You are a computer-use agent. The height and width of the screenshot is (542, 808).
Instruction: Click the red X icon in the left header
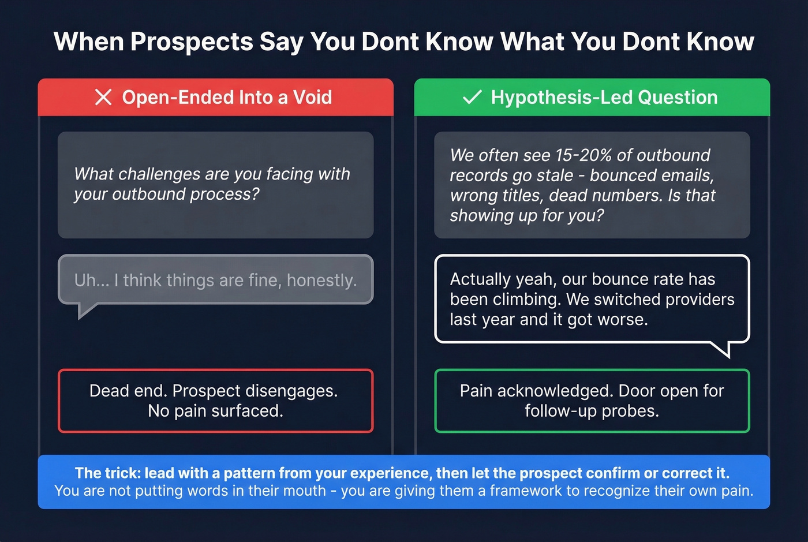tap(103, 98)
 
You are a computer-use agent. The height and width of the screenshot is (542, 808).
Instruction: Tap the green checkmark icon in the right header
tap(472, 98)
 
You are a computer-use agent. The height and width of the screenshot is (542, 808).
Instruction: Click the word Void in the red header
tap(312, 98)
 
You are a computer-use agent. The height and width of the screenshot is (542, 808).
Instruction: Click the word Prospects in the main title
tap(192, 42)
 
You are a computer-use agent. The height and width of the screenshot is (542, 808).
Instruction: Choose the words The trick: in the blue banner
tap(107, 473)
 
